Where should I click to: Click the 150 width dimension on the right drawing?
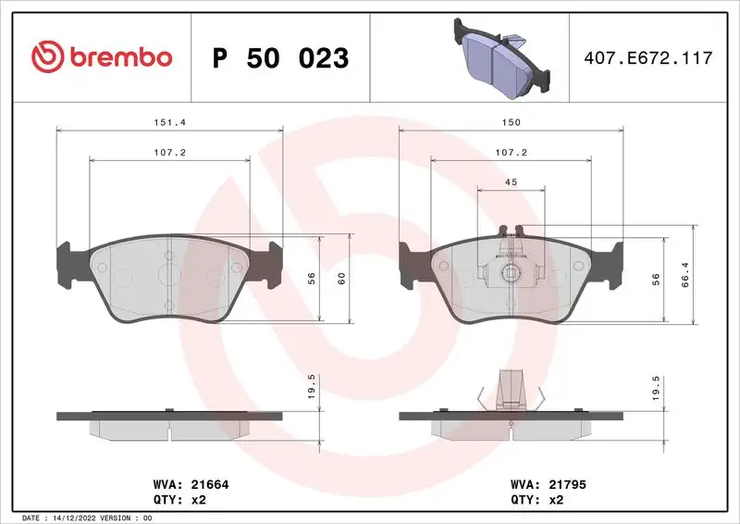[x=512, y=122]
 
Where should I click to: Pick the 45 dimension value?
[x=511, y=182]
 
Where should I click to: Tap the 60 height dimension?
[x=341, y=278]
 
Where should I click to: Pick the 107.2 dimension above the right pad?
[x=512, y=152]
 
